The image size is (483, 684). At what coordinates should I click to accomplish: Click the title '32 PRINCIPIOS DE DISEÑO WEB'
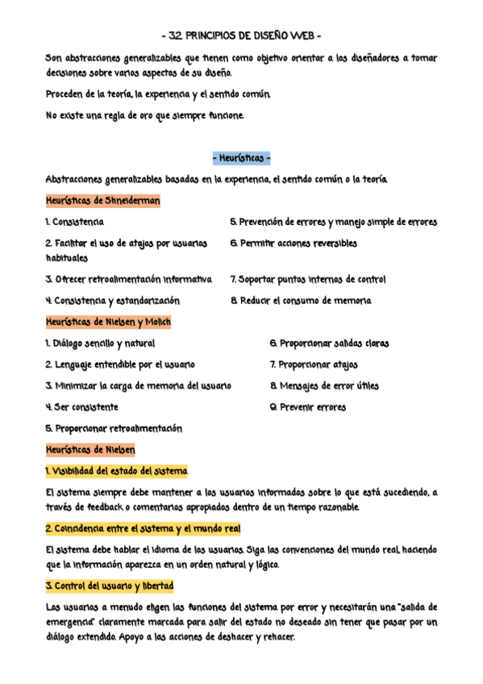pos(241,35)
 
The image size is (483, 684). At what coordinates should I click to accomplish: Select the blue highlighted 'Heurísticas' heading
pos(241,158)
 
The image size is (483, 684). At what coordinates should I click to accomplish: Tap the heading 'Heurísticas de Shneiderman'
pos(102,201)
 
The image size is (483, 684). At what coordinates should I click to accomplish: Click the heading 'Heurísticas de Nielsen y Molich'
pos(108,322)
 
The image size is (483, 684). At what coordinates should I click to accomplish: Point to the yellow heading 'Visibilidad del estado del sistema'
pos(116,471)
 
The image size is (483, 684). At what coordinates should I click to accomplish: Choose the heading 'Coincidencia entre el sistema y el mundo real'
pos(143,528)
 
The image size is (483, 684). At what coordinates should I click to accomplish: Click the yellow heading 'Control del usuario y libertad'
pos(110,585)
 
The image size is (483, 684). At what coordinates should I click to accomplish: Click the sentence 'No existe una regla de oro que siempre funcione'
pos(144,115)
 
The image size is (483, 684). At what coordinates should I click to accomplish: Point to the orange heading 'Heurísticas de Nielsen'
pos(90,449)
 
